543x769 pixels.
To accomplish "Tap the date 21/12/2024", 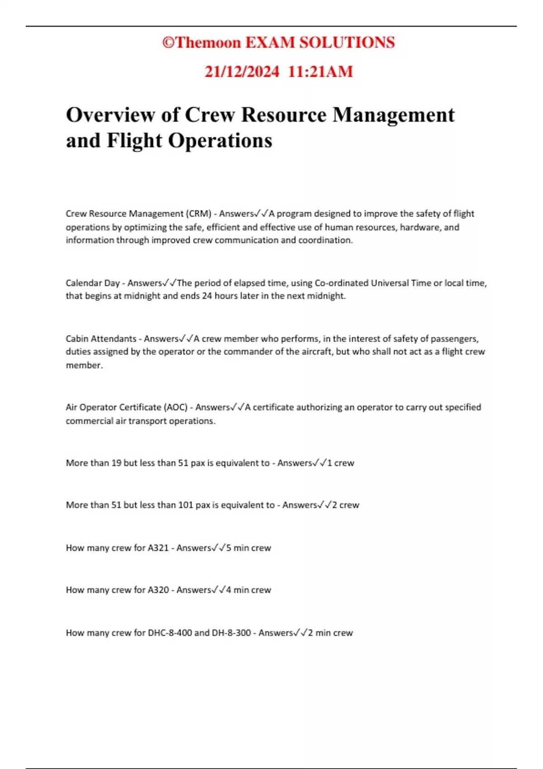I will pyautogui.click(x=242, y=71).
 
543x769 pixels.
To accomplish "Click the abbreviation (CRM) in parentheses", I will pyautogui.click(x=199, y=214).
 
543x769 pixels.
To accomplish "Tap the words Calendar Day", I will pyautogui.click(x=92, y=283).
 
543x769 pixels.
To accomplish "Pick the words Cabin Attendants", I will pyautogui.click(x=101, y=339).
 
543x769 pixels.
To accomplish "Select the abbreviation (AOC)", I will pyautogui.click(x=176, y=408).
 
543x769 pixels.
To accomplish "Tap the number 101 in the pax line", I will pyautogui.click(x=186, y=505).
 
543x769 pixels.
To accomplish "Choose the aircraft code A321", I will pyautogui.click(x=158, y=548).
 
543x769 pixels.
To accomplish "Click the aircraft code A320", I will pyautogui.click(x=158, y=590).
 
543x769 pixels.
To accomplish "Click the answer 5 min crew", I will pyautogui.click(x=248, y=548).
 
